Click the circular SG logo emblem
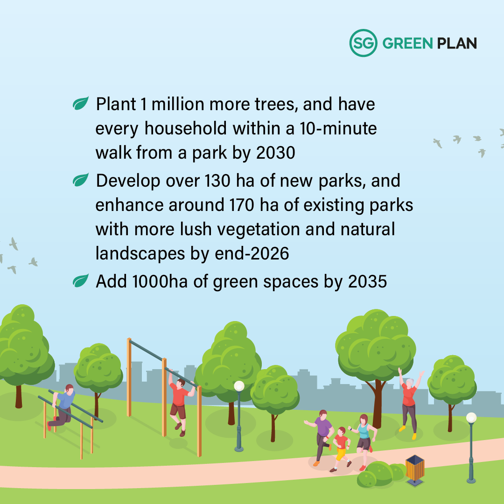(363, 43)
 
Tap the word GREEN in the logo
(407, 43)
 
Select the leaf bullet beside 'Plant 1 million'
(80, 103)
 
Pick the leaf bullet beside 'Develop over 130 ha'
(80, 180)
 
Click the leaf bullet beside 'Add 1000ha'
(80, 280)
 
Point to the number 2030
(276, 153)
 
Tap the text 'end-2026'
(252, 253)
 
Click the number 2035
(367, 281)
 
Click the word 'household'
(185, 128)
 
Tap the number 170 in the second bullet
(241, 205)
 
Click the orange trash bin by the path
(415, 469)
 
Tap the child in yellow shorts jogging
(341, 449)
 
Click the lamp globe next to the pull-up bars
(239, 386)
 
